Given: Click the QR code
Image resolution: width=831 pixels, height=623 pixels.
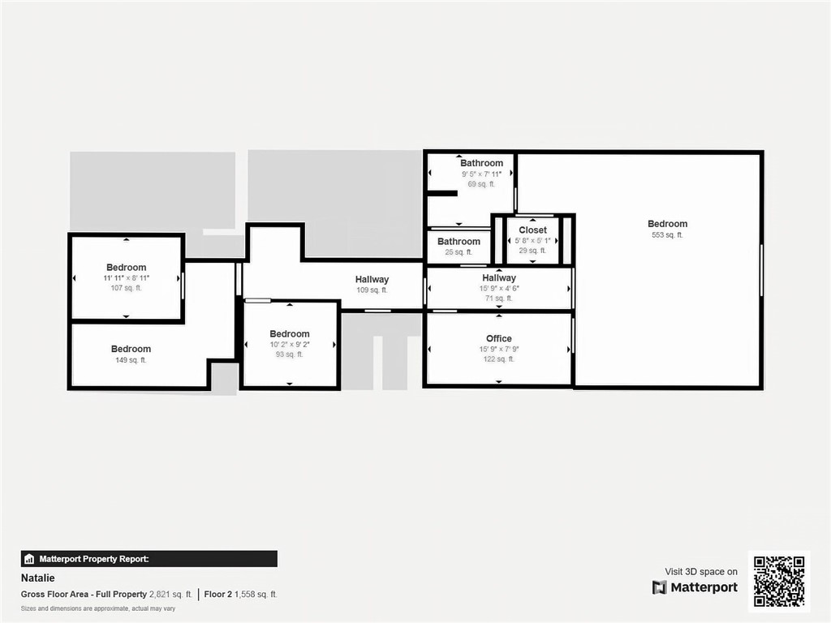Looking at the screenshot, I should (779, 581).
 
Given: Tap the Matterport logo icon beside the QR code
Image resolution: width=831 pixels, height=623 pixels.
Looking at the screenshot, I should (660, 587).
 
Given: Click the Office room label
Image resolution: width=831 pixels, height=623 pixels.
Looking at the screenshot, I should (499, 338).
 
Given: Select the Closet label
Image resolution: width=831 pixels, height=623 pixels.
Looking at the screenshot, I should (533, 230).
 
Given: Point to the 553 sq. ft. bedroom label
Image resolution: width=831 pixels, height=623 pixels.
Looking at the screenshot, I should (667, 224).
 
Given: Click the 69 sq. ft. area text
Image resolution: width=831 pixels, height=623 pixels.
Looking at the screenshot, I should (481, 184).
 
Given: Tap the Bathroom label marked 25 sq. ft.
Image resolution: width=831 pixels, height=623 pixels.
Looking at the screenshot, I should (459, 241).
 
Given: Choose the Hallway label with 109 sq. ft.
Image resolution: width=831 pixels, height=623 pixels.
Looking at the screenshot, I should (372, 280).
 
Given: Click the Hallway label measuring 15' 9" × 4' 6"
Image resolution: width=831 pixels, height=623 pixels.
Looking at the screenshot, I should (499, 277).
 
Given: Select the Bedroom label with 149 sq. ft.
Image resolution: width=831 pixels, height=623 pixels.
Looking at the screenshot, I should (131, 349).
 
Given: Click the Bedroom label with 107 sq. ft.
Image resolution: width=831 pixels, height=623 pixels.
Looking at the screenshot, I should (127, 268).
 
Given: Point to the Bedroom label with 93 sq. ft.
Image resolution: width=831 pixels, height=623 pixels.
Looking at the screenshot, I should (290, 333).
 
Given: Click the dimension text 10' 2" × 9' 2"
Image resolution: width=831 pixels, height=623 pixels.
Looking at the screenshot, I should (290, 345).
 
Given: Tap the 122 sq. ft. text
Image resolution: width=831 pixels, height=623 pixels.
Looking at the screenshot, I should (499, 359).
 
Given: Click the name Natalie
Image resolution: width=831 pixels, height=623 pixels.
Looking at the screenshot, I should (38, 580).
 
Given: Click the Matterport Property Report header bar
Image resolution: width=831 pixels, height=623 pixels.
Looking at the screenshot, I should (149, 559).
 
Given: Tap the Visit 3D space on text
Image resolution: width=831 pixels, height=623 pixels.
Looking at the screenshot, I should (701, 572).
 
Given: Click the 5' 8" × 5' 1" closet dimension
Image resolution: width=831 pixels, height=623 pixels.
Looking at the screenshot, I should (533, 241).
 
